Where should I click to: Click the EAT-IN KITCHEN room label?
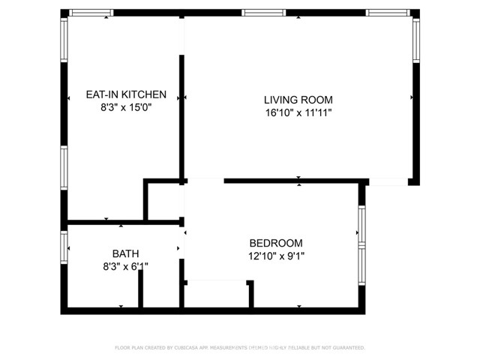125,94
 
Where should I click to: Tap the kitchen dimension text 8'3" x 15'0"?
125,107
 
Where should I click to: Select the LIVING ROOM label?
298,100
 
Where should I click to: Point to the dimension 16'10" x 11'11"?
298,112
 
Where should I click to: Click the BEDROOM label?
276,243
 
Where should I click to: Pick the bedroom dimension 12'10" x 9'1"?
276,256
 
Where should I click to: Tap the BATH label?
125,253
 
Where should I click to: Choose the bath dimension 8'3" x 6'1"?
125,265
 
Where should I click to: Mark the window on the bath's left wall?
64,247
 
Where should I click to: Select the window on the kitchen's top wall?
91,13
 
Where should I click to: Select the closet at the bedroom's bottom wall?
217,294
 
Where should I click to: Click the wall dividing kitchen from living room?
181,112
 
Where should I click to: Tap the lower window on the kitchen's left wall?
64,168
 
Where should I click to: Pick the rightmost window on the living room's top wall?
387,13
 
